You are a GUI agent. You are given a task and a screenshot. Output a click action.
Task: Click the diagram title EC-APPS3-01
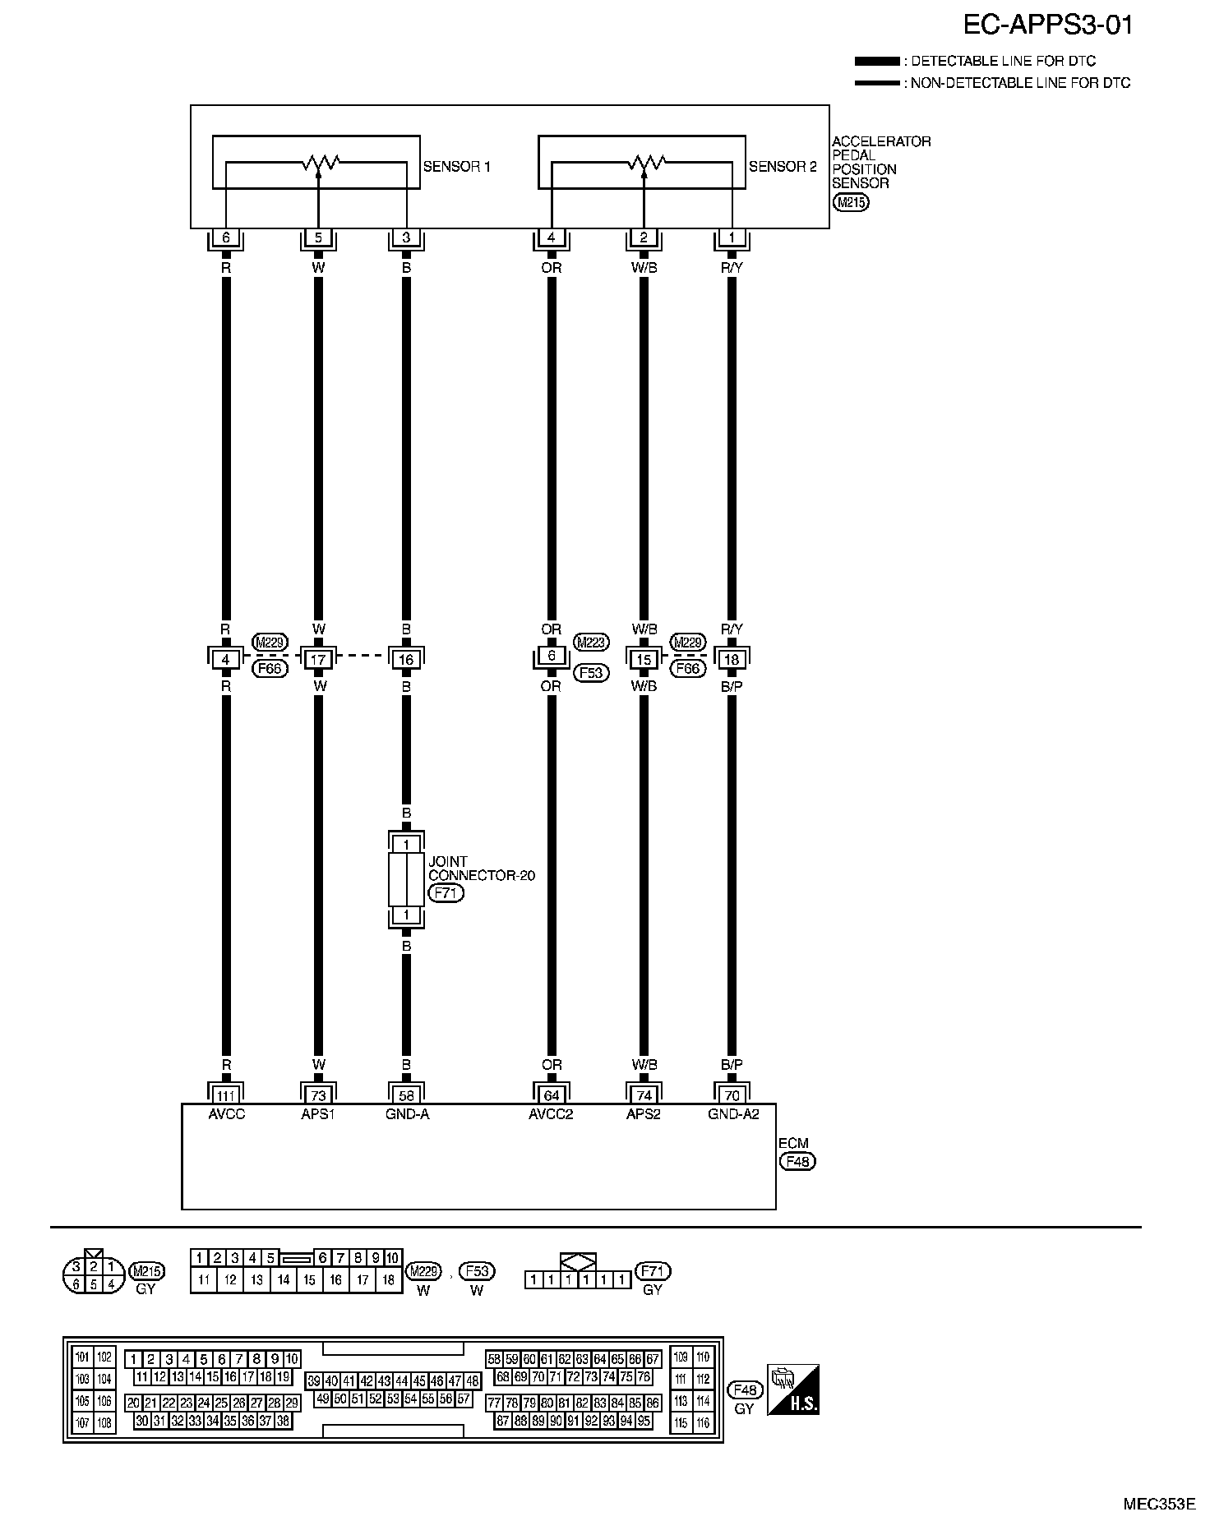coord(1047,25)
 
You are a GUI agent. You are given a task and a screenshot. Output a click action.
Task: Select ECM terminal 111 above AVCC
coord(226,1095)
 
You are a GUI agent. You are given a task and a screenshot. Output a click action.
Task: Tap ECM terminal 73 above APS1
coord(318,1095)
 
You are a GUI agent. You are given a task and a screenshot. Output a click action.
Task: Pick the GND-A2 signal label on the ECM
coord(733,1115)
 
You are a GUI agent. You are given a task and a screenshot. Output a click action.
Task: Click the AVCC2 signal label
coord(551,1115)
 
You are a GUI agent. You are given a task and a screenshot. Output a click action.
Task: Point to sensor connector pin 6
coord(226,238)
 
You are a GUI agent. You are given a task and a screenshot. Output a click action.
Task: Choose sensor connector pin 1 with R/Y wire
coord(732,238)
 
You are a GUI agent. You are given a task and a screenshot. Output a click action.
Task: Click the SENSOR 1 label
coord(456,167)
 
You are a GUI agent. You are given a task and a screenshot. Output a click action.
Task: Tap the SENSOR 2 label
coord(783,167)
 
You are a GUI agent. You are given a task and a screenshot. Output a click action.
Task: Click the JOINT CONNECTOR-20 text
coord(481,869)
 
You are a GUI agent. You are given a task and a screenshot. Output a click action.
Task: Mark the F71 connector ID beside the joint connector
coord(446,893)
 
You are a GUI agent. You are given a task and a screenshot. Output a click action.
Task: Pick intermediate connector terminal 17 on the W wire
coord(318,659)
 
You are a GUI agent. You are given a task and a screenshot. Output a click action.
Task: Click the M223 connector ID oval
coord(591,643)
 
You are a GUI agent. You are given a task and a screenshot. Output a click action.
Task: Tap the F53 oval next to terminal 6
coord(591,672)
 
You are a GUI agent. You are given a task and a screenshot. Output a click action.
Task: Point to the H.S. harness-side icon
coord(792,1390)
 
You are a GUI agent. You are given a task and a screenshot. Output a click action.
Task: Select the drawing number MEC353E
coord(1159,1505)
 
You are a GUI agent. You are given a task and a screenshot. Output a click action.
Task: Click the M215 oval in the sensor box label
coord(850,202)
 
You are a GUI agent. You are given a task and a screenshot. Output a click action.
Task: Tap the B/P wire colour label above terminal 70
coord(732,1065)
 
